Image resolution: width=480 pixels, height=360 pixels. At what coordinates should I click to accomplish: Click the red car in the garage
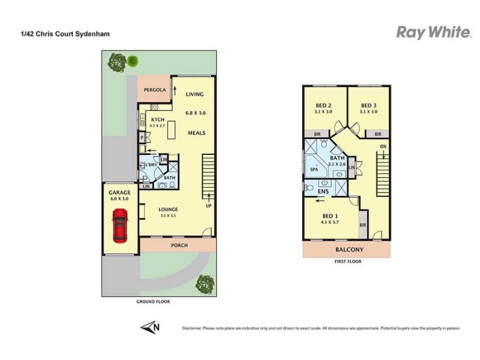click(119, 225)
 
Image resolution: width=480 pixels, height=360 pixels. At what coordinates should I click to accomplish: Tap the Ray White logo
click(433, 32)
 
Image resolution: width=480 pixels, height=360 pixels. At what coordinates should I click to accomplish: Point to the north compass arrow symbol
click(150, 327)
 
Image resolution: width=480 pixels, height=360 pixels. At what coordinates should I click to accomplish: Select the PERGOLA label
click(154, 90)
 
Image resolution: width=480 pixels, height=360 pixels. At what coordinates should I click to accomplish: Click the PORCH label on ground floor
click(179, 245)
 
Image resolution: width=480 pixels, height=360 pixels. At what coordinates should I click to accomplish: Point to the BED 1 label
click(330, 216)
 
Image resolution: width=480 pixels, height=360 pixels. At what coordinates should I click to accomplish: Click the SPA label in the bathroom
click(314, 170)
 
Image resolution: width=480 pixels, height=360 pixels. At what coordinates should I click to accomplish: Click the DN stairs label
click(382, 146)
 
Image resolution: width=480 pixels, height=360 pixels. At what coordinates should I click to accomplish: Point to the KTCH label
click(158, 119)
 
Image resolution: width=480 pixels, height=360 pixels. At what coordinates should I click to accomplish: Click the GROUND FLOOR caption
click(154, 302)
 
